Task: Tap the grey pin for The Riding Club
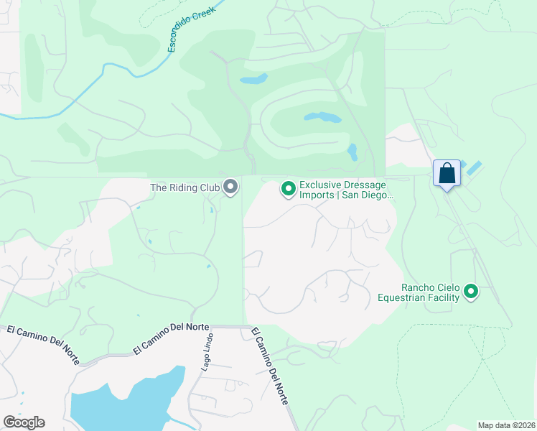coord(230,187)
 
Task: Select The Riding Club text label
coord(184,188)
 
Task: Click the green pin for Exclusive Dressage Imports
coord(289,189)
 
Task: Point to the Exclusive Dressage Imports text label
coord(343,190)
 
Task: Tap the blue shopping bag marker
coord(447,174)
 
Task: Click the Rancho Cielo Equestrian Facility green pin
coord(471,291)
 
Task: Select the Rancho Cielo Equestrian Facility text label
coord(420,292)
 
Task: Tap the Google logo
coord(24,422)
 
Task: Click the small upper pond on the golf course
coord(253,78)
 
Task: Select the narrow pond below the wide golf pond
coord(352,152)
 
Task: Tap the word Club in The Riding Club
coord(207,188)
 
